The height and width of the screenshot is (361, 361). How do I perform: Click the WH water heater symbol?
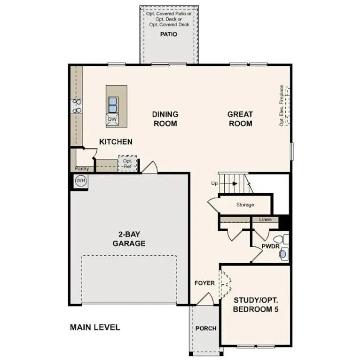pyautogui.click(x=80, y=180)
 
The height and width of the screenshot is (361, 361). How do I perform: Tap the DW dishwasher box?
pyautogui.click(x=112, y=119)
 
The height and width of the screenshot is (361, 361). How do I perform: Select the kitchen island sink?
pyautogui.click(x=113, y=103)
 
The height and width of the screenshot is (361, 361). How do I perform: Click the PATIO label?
pyautogui.click(x=168, y=34)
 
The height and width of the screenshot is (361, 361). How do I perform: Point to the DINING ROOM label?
pyautogui.click(x=165, y=118)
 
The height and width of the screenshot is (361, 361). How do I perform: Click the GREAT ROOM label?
pyautogui.click(x=240, y=118)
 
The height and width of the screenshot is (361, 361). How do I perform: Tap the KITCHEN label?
pyautogui.click(x=116, y=141)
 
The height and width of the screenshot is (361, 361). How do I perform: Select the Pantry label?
pyautogui.click(x=82, y=168)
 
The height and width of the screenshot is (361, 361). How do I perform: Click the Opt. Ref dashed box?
pyautogui.click(x=127, y=164)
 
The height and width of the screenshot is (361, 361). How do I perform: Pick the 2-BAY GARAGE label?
pyautogui.click(x=129, y=239)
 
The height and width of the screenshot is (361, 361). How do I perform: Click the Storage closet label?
pyautogui.click(x=245, y=204)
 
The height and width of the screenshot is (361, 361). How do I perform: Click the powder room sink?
pyautogui.click(x=283, y=254)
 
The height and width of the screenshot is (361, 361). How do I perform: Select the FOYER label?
pyautogui.click(x=205, y=283)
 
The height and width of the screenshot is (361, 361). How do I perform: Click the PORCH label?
pyautogui.click(x=206, y=328)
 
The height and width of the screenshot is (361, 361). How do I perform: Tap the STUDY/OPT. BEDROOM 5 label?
pyautogui.click(x=256, y=304)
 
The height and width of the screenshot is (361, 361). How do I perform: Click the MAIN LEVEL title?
pyautogui.click(x=95, y=327)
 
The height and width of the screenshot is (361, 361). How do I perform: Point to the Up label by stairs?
pyautogui.click(x=214, y=183)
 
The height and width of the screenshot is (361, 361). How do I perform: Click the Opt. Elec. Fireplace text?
pyautogui.click(x=282, y=105)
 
